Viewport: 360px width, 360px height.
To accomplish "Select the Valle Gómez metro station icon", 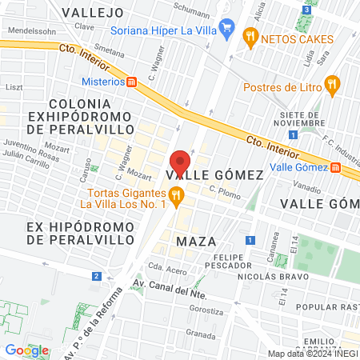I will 335,167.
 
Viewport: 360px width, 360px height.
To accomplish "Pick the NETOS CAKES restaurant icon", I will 251,35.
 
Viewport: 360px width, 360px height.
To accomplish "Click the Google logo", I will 26,350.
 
